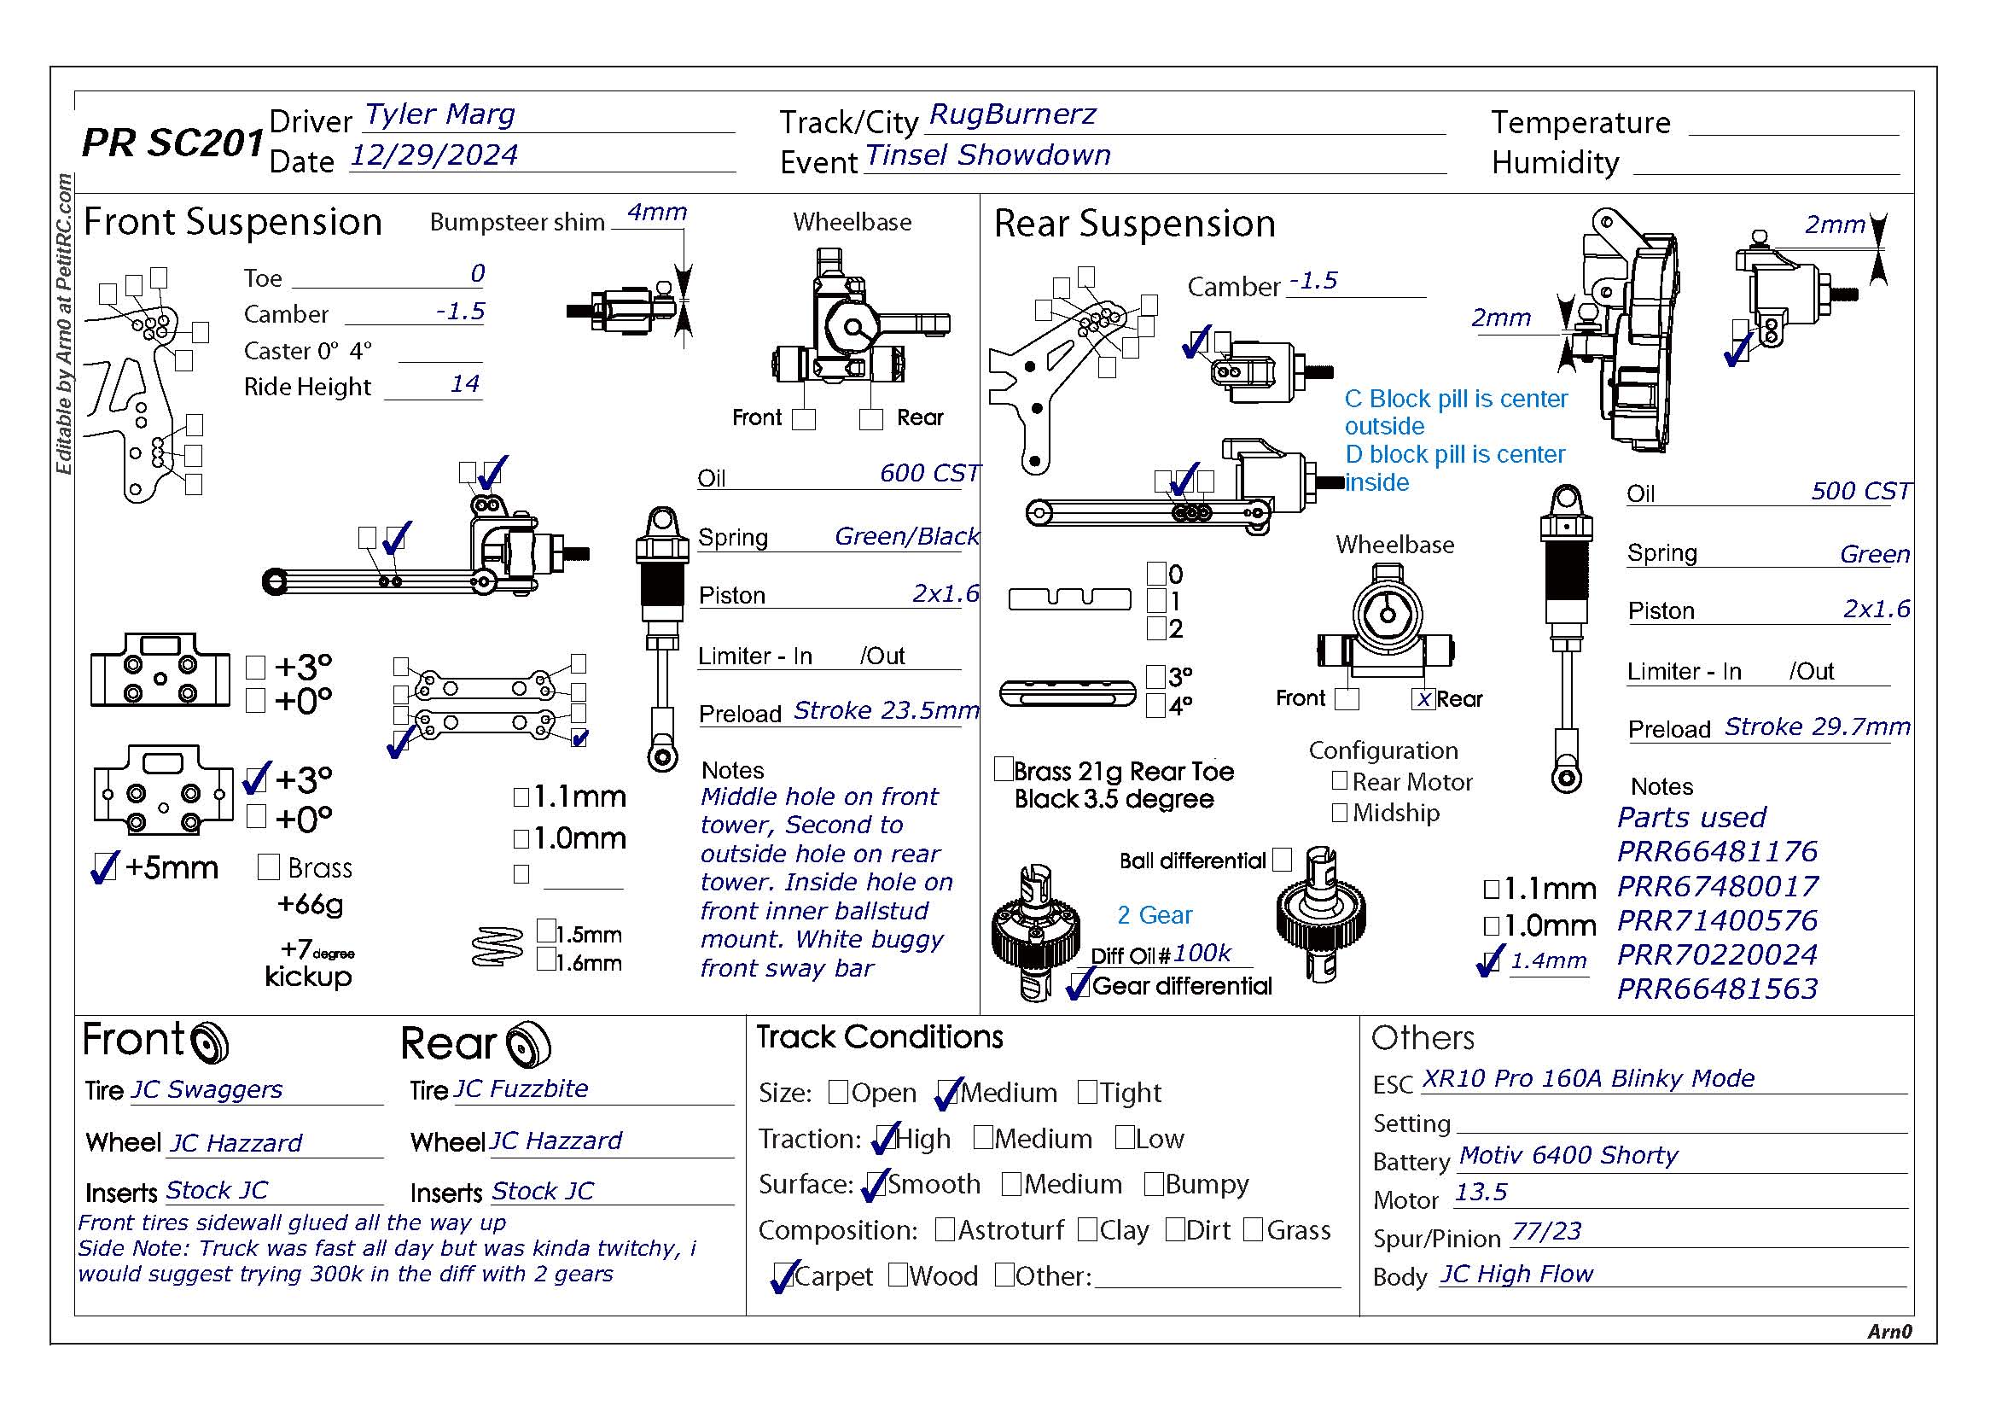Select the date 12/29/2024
(433, 155)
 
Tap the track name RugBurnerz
(1012, 114)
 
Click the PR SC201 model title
(172, 143)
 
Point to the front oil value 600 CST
(928, 473)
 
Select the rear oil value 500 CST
(1860, 491)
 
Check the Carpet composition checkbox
(783, 1275)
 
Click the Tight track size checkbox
(1086, 1091)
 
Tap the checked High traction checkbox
(886, 1137)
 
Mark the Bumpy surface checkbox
(1154, 1183)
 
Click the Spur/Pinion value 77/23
(1545, 1231)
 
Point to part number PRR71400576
(1717, 920)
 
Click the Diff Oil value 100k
(1202, 954)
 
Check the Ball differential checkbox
(1282, 860)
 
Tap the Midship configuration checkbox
(1340, 812)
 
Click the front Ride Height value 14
(465, 383)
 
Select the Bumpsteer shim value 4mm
(657, 213)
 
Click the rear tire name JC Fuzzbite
(521, 1088)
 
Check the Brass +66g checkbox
(269, 866)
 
